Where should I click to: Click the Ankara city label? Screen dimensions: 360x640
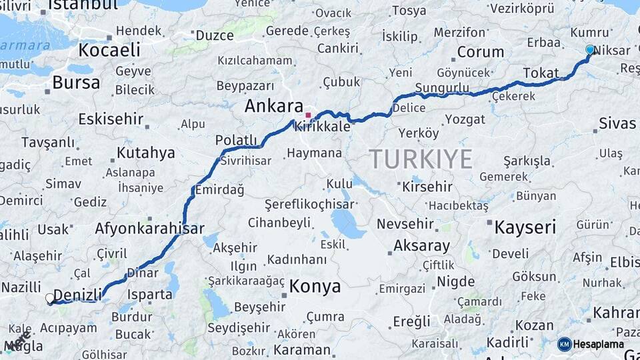274,105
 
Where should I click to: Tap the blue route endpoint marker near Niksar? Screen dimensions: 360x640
589,49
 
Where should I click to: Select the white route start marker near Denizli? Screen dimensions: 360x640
51,299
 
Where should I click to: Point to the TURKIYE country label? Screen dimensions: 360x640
421,159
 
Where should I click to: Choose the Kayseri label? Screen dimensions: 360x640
525,227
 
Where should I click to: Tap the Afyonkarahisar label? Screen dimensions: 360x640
149,228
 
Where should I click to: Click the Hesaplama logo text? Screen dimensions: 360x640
597,344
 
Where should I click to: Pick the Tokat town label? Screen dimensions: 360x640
541,73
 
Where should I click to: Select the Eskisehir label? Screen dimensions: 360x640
111,119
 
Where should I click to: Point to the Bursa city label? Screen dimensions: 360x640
76,83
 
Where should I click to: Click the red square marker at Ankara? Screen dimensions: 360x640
308,115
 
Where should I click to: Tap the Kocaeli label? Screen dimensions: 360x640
109,50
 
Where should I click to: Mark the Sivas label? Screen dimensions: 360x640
617,123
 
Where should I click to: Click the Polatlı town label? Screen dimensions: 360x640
236,140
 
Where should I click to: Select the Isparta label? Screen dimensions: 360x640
149,294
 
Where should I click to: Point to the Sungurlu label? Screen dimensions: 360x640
441,88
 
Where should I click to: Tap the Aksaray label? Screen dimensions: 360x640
422,245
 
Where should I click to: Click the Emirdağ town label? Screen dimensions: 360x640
219,190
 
